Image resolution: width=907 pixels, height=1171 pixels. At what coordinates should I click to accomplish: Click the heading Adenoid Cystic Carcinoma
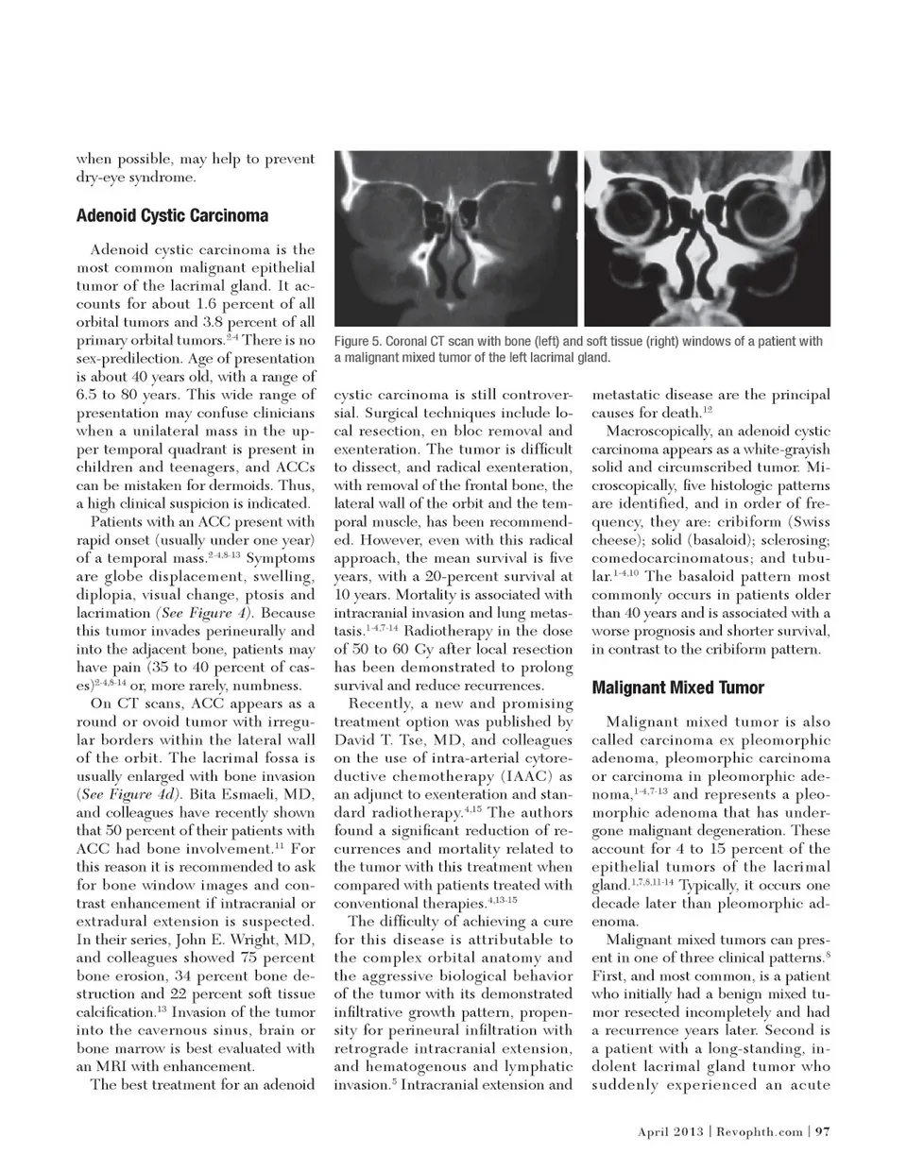172,215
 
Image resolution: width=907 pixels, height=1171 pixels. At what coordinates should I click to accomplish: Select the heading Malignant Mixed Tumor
677,687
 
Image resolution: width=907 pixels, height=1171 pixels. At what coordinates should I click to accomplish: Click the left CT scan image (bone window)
456,239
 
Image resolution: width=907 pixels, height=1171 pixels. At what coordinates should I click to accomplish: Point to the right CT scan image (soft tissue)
707,239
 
